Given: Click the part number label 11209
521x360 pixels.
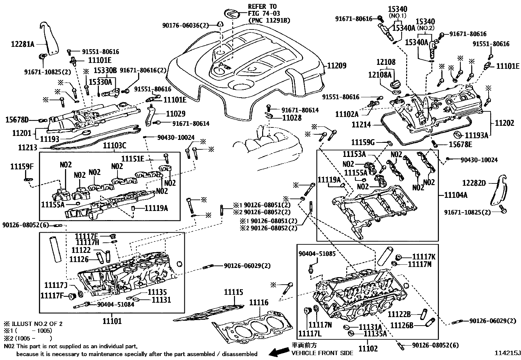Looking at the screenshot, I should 336,66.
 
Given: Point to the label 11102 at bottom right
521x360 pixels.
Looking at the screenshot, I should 368,348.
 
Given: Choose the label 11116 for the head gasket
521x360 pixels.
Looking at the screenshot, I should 259,303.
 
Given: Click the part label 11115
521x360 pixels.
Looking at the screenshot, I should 234,292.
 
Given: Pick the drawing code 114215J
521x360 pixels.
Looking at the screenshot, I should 507,353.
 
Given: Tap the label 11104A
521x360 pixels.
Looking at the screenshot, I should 456,195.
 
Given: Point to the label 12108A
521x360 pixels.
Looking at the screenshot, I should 380,75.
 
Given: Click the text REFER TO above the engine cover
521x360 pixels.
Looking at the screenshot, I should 262,7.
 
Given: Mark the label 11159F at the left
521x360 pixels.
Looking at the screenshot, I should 22,167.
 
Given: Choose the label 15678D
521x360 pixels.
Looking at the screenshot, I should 17,120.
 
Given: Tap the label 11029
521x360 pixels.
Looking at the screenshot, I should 175,114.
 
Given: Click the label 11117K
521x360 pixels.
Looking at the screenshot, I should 423,257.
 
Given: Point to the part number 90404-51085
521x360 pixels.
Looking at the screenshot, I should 317,254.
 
